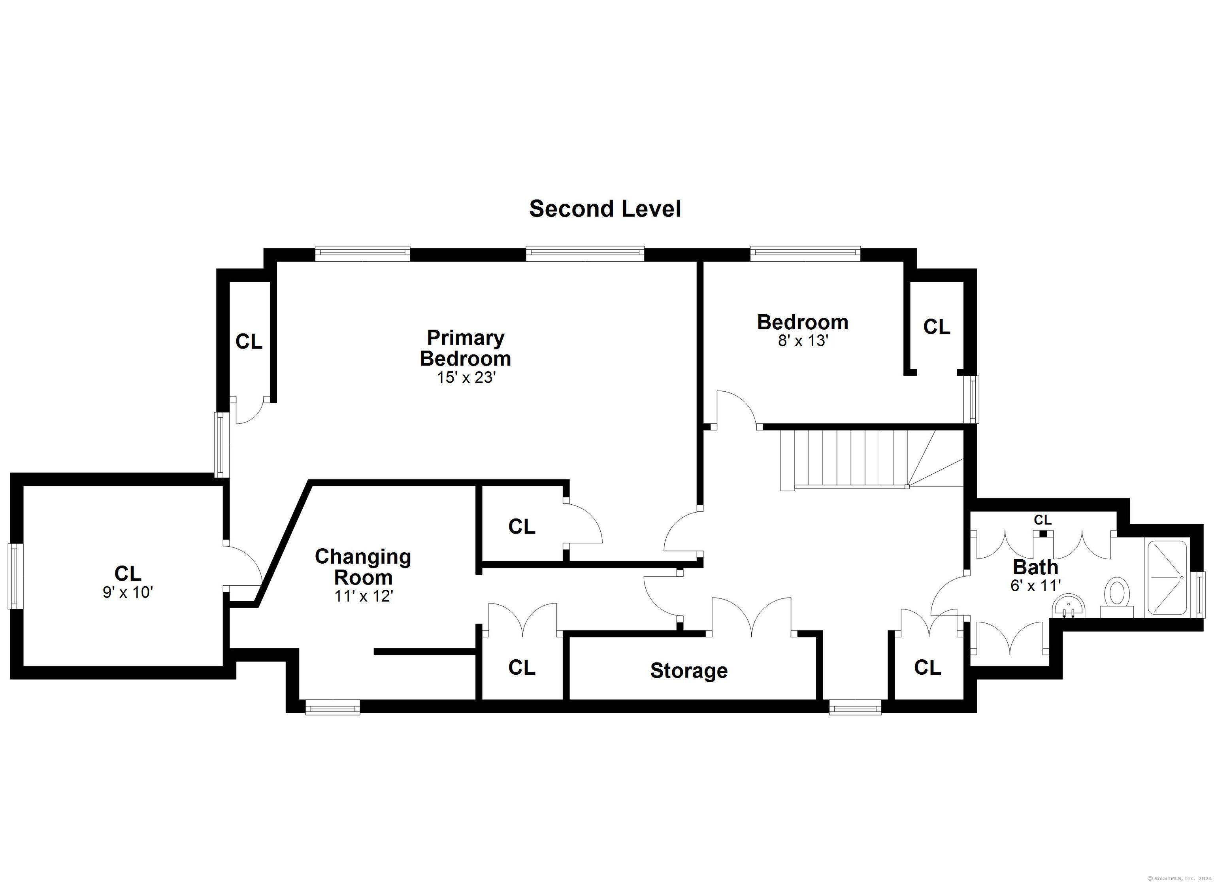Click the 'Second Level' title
tap(605, 209)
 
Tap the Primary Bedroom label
tap(465, 347)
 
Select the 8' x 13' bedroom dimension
tap(803, 341)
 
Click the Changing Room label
tap(363, 566)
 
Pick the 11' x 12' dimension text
tap(364, 596)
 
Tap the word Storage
tap(689, 670)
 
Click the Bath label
tap(1035, 567)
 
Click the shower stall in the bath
tap(1166, 578)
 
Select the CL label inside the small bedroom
tap(937, 326)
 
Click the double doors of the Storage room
tap(752, 616)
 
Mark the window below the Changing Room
tap(332, 708)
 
